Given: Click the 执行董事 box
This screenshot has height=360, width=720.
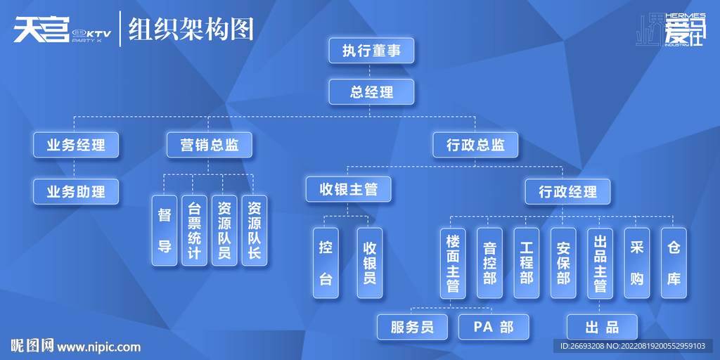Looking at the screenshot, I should tap(371, 51).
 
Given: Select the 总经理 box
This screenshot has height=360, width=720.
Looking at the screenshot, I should tap(371, 92).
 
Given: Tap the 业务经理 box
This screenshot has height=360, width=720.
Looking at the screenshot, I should tap(76, 145).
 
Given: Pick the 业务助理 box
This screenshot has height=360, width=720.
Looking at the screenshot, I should tap(76, 191).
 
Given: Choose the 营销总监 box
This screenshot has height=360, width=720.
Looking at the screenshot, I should tap(209, 145).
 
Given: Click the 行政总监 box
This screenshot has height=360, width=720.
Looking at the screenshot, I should tap(475, 145).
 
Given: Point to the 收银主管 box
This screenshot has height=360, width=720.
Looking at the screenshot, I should tap(349, 189).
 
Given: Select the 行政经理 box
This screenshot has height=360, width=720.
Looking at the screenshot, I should tap(567, 191).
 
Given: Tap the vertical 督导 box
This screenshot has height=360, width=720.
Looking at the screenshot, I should tap(165, 231).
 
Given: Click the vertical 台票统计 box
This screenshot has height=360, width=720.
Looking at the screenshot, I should tap(194, 231).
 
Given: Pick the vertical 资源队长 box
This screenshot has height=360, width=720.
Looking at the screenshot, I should tap(254, 231).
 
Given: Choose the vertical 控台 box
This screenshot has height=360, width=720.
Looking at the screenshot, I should tap(326, 263).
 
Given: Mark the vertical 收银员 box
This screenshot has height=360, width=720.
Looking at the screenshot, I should tap(370, 263).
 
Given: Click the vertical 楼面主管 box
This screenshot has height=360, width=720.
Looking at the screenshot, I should tap(453, 263).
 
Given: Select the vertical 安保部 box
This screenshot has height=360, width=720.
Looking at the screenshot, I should tap(563, 263).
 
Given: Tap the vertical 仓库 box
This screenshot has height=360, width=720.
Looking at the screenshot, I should tap(674, 263).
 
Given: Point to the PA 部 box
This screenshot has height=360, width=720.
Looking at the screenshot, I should tap(494, 327).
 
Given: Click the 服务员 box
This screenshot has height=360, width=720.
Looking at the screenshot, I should tap(412, 327).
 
